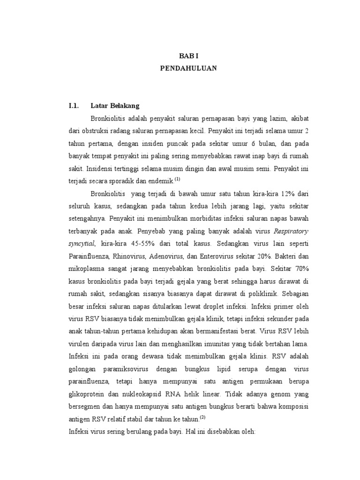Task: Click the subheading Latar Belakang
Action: [115, 105]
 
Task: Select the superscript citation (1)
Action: [177, 179]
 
